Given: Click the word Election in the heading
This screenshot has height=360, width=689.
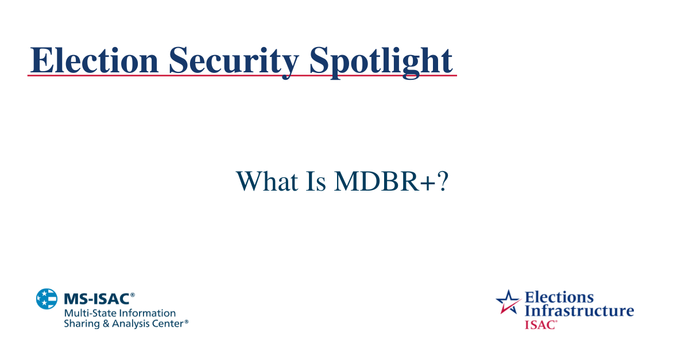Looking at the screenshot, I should point(94,60).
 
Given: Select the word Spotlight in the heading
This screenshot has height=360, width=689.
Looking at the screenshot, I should point(381,60).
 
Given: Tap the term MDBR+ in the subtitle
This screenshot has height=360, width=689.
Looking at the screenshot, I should point(379,181).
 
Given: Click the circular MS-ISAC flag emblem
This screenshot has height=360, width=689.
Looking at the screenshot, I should point(47,299).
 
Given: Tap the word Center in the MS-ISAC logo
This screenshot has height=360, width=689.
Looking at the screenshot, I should point(168,324).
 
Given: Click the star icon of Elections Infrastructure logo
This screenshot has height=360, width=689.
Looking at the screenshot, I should point(508,301).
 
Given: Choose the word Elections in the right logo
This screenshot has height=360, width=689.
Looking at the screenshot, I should point(559,297).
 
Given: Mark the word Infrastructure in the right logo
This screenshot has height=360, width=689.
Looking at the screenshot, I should point(579,311).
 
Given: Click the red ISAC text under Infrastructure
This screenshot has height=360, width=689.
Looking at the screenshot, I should point(540,324).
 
